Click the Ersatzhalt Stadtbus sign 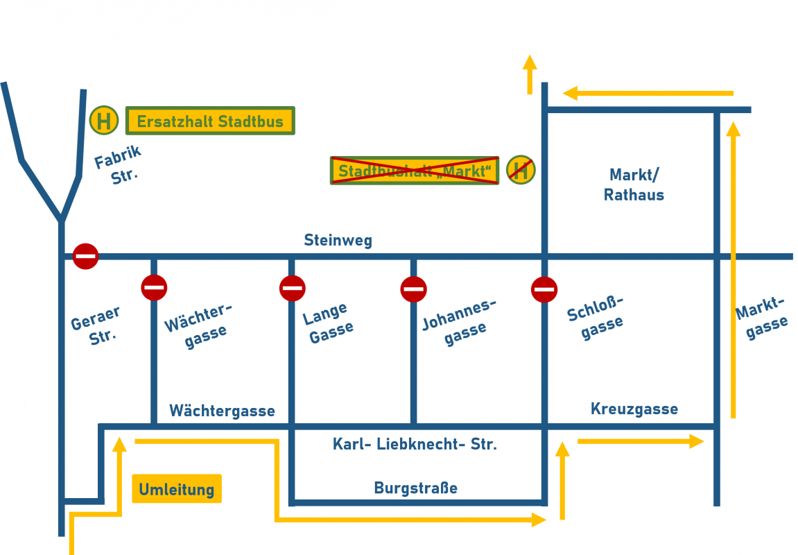210,121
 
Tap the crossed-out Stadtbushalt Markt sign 414,170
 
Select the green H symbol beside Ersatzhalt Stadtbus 104,120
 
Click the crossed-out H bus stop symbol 521,169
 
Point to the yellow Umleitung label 177,489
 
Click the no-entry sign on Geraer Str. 85,256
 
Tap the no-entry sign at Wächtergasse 154,287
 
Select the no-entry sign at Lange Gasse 292,288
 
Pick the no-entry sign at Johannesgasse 413,289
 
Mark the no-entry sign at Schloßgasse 544,289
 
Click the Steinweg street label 338,241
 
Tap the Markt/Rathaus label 634,185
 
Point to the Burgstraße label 415,488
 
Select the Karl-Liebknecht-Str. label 415,445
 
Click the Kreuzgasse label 634,409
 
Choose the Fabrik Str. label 118,165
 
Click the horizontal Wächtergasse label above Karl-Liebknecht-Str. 222,411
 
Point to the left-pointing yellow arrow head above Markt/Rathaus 571,93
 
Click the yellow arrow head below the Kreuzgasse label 697,441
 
